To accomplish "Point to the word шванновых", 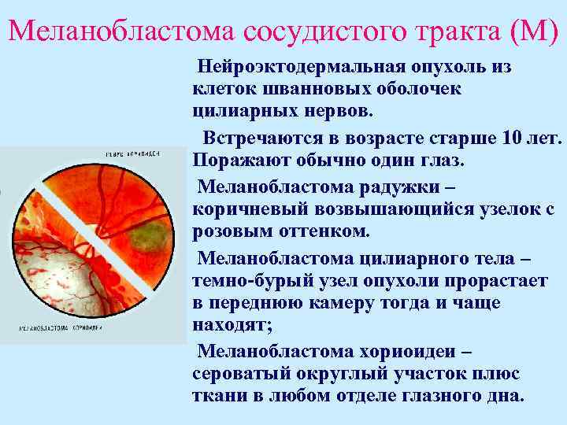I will pos(302,87).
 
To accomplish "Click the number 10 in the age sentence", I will pos(510,139).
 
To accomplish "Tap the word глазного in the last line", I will pos(425,395).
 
